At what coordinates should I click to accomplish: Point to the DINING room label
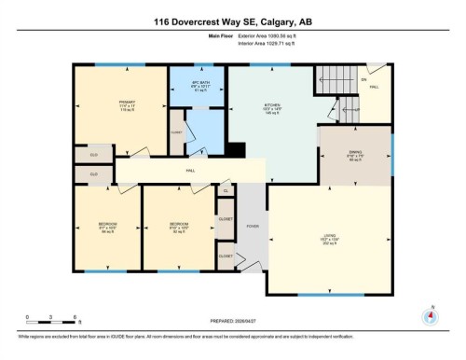point(354,156)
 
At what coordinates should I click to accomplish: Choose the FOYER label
point(252,225)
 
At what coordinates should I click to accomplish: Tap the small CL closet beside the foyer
point(226,189)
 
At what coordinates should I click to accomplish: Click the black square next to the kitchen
point(237,149)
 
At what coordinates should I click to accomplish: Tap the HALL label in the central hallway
point(190,171)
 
